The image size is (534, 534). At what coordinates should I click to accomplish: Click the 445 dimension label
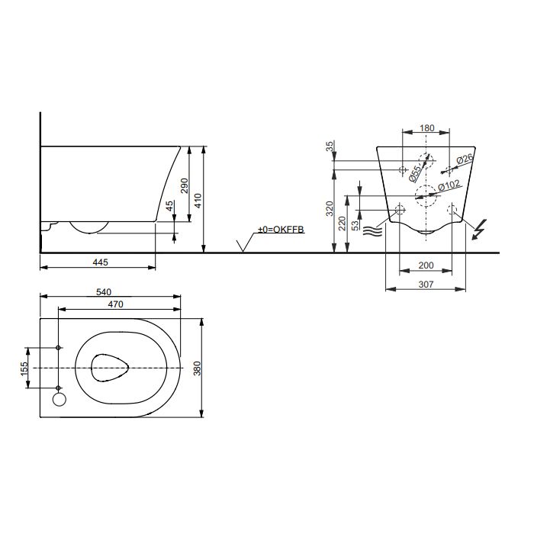coord(100,262)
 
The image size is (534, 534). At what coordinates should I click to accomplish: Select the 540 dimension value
coord(104,292)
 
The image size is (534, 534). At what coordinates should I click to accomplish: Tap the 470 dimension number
coord(115,304)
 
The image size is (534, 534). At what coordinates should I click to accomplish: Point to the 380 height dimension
coord(197,368)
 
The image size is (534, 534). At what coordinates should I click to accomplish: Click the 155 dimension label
coord(24,368)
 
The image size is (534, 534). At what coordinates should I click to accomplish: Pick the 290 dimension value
coord(185,185)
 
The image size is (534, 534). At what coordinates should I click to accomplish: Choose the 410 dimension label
coord(198,201)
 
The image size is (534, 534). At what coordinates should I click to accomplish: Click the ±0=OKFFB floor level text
coord(281,229)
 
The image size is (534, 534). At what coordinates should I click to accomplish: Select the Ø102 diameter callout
coord(449,186)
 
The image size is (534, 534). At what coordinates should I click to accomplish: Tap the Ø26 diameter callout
coord(465,159)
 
